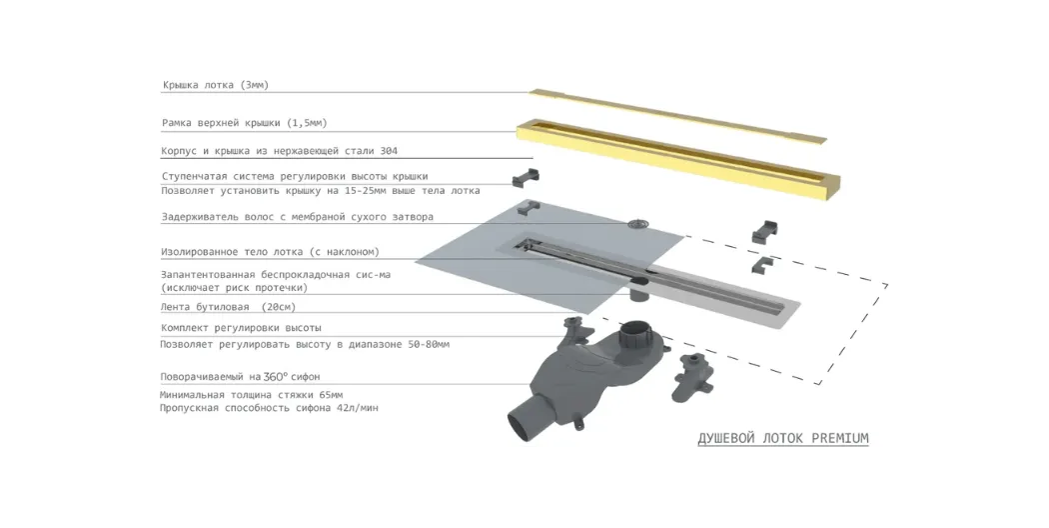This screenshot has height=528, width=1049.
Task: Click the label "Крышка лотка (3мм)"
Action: pos(216,85)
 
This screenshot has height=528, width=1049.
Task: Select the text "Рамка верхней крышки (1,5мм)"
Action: pos(244,123)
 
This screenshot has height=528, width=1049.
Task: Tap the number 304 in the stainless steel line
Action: pos(389,151)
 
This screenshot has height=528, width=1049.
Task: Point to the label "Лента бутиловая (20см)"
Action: pos(228,307)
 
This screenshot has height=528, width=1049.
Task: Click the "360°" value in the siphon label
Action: pos(276,376)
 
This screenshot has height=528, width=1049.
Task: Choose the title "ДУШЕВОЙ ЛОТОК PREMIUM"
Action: pos(783,438)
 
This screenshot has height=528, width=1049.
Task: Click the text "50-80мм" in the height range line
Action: pos(429,344)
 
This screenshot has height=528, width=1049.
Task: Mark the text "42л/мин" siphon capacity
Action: pos(358,407)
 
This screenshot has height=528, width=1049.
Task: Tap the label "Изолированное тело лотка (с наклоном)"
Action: pos(270,252)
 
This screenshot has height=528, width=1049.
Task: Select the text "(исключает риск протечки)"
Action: pos(234,287)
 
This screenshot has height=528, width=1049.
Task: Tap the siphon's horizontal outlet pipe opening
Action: pos(520,427)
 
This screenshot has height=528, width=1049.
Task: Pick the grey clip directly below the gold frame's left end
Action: pos(525,178)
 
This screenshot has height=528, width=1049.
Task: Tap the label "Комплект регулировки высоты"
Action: pos(241,328)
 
